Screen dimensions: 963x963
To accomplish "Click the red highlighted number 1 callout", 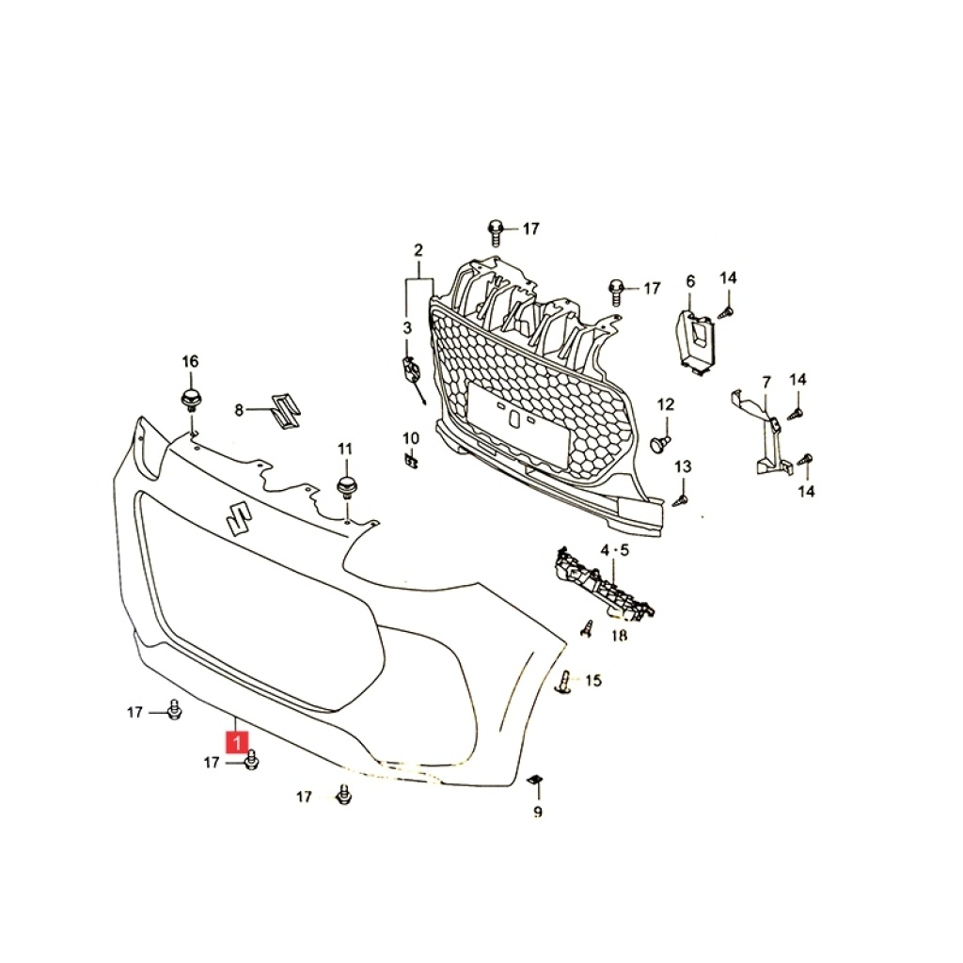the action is (237, 742).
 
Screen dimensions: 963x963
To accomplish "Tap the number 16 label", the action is (190, 361).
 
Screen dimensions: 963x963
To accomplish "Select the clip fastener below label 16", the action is (191, 399).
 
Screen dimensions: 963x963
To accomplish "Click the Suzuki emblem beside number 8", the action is (285, 411).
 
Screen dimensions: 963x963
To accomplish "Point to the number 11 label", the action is (345, 449).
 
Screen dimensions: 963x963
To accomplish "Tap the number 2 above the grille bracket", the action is (418, 250).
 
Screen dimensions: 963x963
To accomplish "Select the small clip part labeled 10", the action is (411, 460).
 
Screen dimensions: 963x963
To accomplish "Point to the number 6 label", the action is (690, 281).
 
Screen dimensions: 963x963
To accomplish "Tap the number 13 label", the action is (683, 466).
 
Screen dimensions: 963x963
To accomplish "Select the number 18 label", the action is (619, 635).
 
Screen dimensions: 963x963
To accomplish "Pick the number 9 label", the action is (538, 812).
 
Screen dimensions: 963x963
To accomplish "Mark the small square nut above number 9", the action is (535, 780).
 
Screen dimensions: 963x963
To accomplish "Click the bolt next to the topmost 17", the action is (495, 232).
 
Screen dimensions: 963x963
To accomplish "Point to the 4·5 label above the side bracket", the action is (615, 550).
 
